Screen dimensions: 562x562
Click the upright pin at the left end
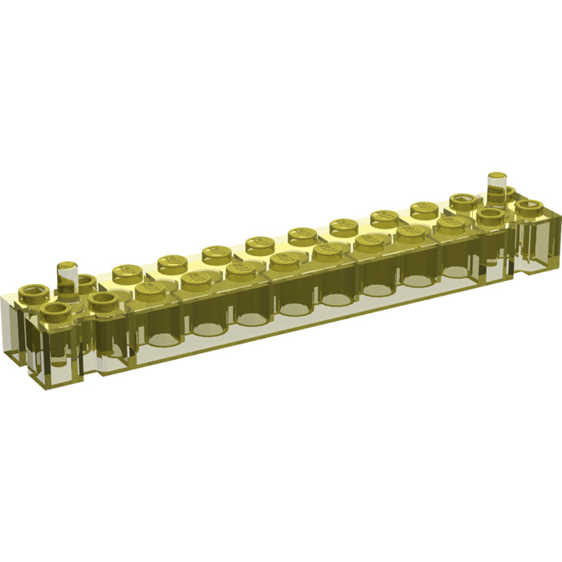(67, 277)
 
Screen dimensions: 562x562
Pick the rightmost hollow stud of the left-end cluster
(102, 300)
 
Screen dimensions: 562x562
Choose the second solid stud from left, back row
(170, 263)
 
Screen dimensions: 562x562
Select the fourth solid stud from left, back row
(259, 243)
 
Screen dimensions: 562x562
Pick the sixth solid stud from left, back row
(342, 226)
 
